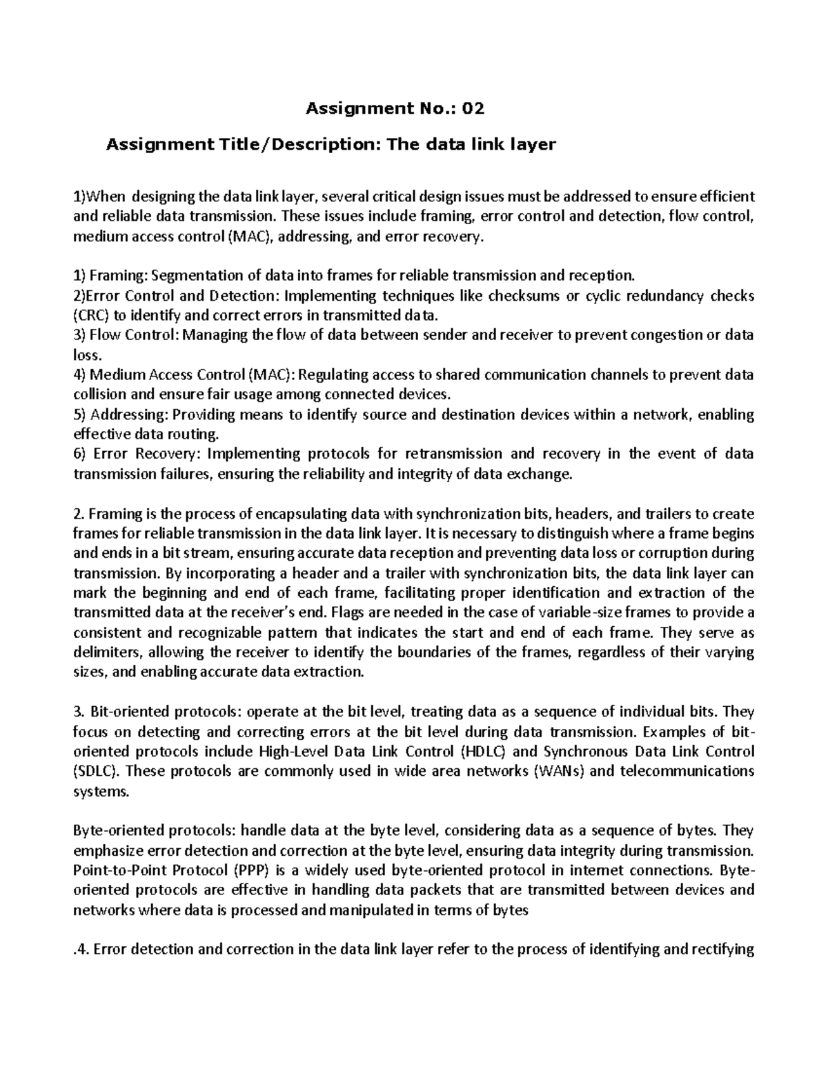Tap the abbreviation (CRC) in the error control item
pos(90,316)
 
